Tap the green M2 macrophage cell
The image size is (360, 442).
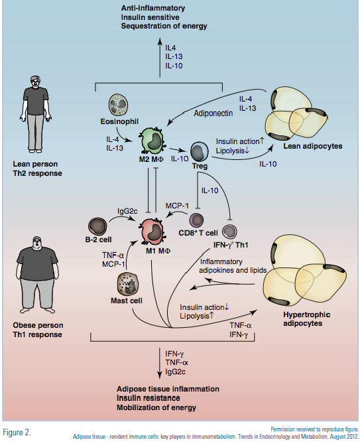point(152,141)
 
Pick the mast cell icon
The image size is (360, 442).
point(127,284)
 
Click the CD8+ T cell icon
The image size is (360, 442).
point(197,220)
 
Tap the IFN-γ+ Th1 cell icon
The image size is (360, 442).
point(229,232)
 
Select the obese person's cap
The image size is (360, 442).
point(38,239)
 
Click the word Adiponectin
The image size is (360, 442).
point(213,113)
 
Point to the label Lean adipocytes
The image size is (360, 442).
point(313,146)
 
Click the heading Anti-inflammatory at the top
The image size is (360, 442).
point(153,8)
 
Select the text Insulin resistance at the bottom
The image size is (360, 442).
point(148,398)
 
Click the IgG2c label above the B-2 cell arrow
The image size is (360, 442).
point(127,210)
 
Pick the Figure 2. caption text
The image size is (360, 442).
point(17,433)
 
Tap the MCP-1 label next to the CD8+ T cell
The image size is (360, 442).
point(177,206)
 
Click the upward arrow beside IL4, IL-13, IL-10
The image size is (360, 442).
point(160,58)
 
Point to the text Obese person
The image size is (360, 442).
point(38,325)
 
